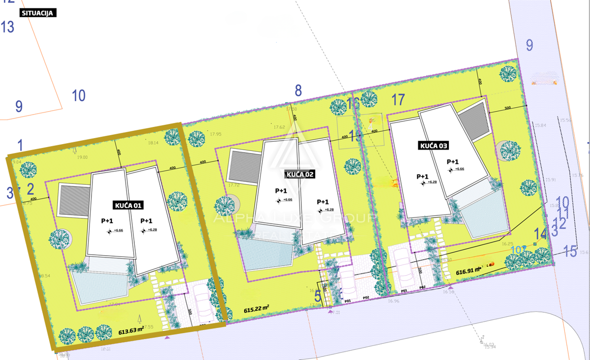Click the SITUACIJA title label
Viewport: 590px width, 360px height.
tap(38, 13)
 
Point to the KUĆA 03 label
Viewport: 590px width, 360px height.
tap(433, 146)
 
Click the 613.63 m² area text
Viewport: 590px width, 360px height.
tap(131, 331)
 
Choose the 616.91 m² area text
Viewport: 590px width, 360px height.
tap(469, 271)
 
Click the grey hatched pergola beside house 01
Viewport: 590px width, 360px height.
tap(73, 199)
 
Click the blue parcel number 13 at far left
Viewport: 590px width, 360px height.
tap(7, 27)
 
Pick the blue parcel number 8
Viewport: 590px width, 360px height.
tap(298, 90)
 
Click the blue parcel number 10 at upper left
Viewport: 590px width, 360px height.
tap(79, 95)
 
